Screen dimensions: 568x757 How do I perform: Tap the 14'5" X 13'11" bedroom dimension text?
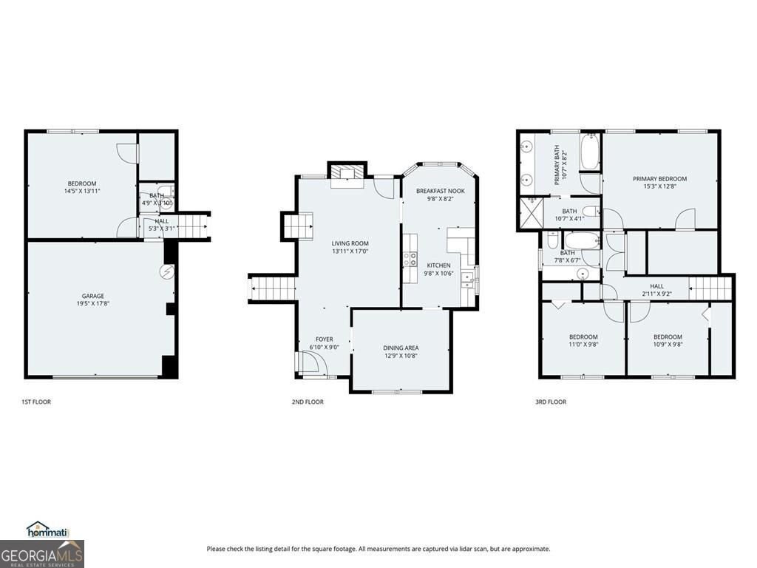(82, 191)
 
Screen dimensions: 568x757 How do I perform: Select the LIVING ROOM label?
(350, 243)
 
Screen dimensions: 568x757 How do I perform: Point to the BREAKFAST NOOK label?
(440, 191)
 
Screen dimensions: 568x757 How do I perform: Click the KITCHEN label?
(438, 266)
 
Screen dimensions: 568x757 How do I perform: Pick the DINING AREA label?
(401, 348)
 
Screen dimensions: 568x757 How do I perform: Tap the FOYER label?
(324, 339)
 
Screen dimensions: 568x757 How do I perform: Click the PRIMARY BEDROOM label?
(659, 178)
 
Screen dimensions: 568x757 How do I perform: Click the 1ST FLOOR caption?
(35, 402)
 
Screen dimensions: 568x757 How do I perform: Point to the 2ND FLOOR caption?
(308, 402)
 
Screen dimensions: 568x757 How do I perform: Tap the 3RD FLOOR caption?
(551, 402)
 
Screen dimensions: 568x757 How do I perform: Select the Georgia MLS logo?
(42, 554)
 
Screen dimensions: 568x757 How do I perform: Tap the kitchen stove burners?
(410, 258)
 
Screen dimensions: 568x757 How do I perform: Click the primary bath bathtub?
(589, 153)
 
